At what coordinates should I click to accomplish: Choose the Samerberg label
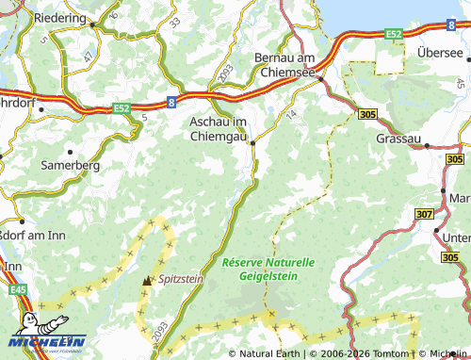[x=69, y=164]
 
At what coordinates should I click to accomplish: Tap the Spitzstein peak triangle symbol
[x=146, y=281]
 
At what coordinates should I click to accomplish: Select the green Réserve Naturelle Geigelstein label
[x=268, y=270]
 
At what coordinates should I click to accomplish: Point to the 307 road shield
[x=426, y=216]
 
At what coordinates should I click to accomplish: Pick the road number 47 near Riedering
[x=88, y=57]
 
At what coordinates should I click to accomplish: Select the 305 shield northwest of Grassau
[x=368, y=114]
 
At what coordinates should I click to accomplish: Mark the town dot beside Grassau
[x=427, y=146]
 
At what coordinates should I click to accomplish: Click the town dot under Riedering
[x=92, y=26]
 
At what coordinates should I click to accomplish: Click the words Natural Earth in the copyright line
[x=268, y=353]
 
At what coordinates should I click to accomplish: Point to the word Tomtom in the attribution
[x=389, y=353]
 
